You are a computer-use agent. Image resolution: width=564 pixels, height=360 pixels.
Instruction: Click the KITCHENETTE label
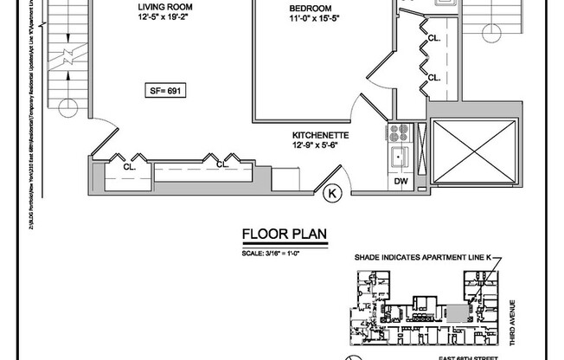click(321, 136)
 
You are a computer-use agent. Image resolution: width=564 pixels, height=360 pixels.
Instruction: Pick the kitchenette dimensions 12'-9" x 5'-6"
click(321, 146)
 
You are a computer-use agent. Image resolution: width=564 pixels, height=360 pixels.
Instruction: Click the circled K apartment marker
click(331, 196)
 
